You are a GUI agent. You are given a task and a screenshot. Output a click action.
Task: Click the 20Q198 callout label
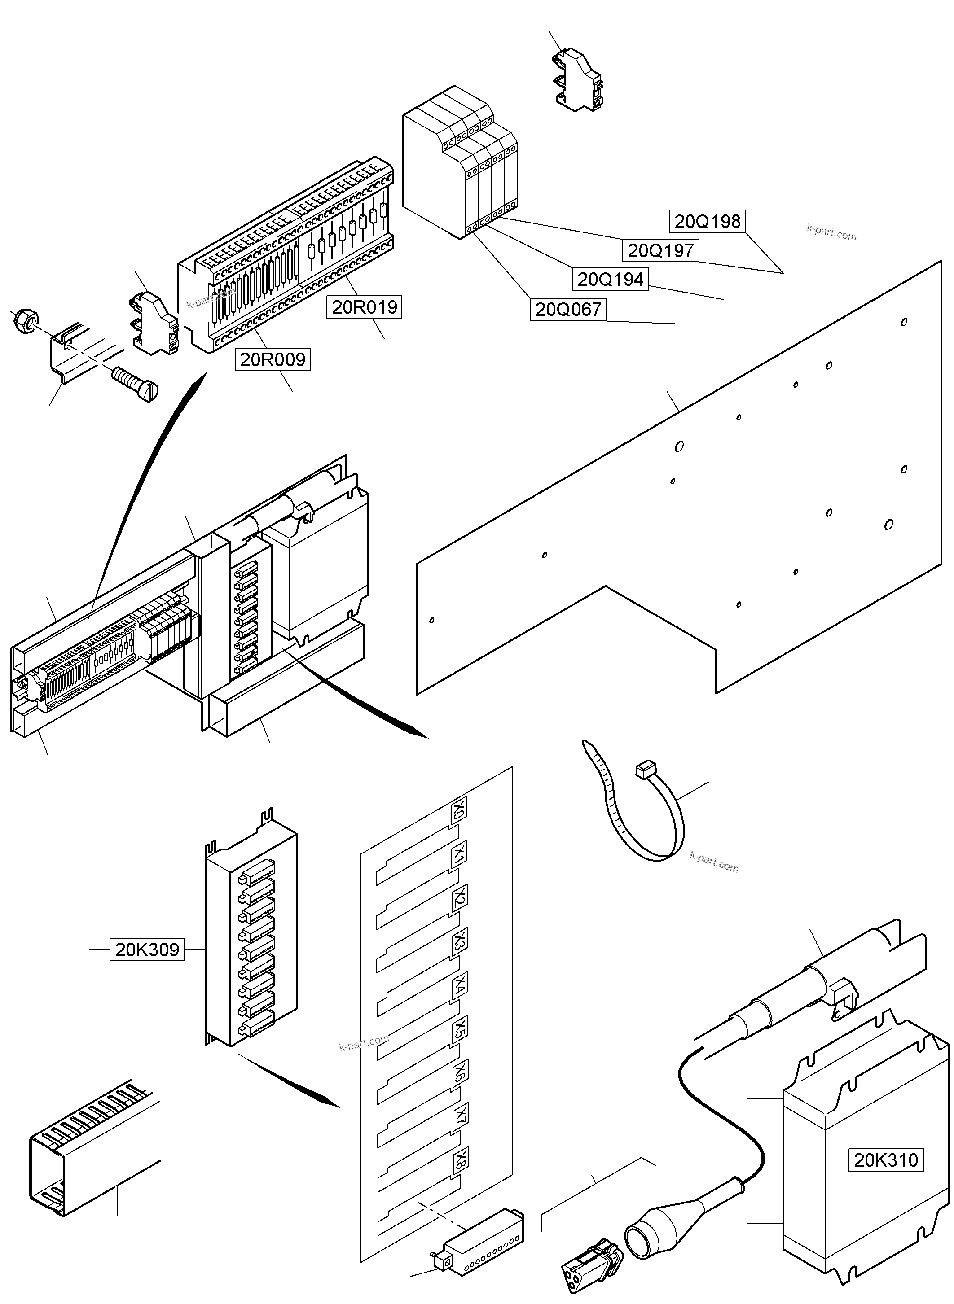coord(708,221)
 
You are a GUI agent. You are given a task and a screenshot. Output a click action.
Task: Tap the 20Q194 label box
coord(611,280)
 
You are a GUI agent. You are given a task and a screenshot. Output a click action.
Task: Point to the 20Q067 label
coord(568,310)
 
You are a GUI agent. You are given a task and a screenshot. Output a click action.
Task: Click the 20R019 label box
coord(365,306)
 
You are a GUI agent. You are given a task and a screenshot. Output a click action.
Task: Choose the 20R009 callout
coord(273,359)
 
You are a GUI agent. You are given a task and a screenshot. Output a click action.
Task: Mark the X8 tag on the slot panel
coord(460,1157)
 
